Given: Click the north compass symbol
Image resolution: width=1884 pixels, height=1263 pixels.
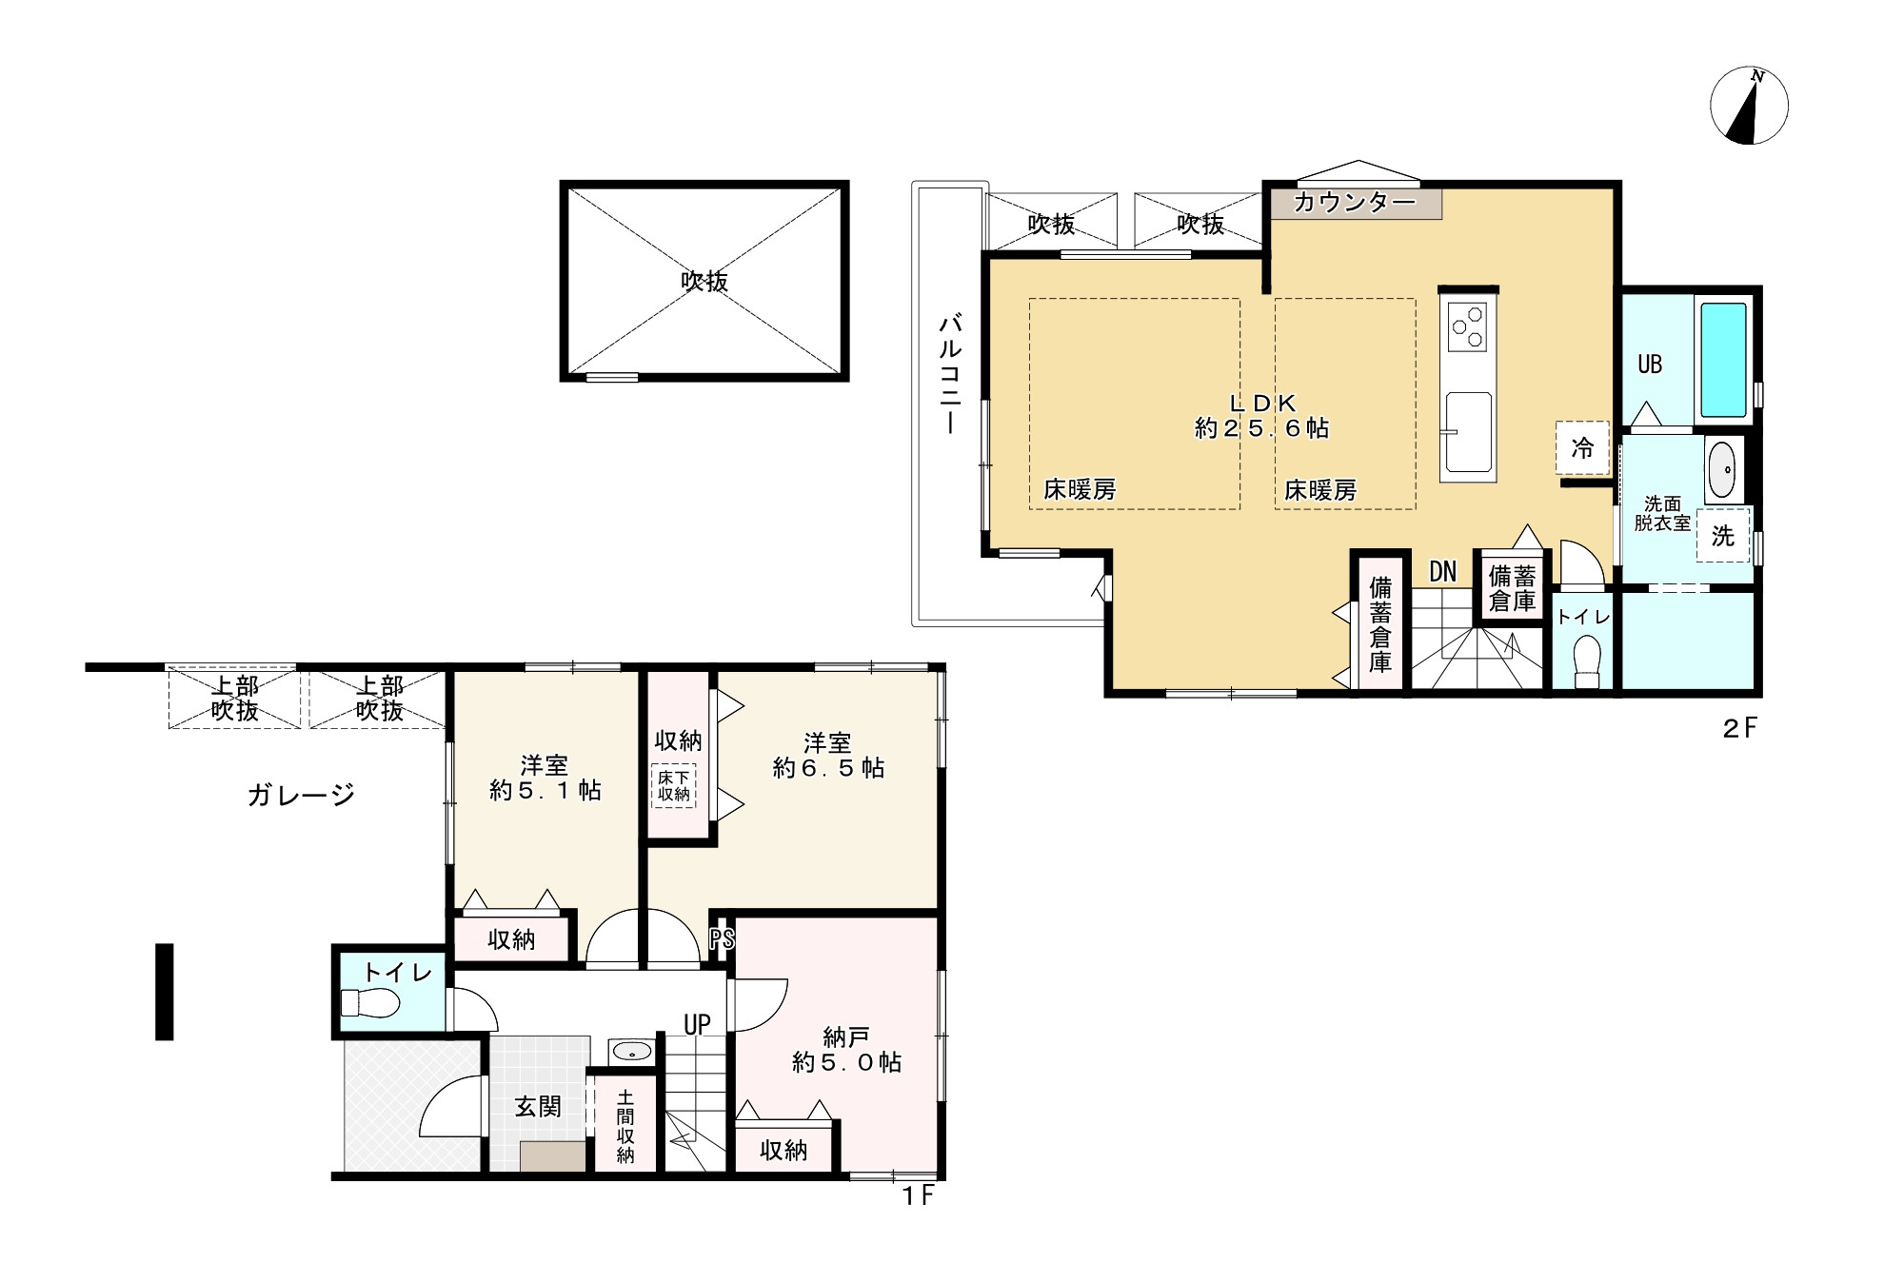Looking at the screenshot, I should (1749, 107).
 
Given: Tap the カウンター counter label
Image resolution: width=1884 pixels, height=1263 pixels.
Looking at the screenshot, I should (1355, 203).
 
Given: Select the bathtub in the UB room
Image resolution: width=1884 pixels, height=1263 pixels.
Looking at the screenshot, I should (1723, 360).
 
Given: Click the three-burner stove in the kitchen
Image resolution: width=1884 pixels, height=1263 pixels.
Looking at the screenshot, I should (1468, 326).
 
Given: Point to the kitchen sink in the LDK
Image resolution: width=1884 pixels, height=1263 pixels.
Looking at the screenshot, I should (1467, 431).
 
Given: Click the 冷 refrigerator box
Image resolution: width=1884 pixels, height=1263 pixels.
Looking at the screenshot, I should (1582, 448).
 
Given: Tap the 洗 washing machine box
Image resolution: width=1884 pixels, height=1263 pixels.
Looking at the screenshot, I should (1722, 537).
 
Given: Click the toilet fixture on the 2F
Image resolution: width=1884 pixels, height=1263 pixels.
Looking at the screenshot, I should (1586, 660).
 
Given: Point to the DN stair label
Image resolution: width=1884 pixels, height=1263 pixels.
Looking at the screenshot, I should (1442, 571).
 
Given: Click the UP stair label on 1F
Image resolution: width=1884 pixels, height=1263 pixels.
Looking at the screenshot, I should (697, 1024).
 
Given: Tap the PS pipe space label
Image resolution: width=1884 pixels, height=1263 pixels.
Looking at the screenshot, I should (722, 939).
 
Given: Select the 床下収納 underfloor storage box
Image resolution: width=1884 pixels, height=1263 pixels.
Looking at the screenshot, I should (673, 786).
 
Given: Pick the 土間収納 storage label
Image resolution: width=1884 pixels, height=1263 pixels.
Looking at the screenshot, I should (625, 1126).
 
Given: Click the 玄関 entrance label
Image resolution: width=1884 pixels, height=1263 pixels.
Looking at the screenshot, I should (538, 1107).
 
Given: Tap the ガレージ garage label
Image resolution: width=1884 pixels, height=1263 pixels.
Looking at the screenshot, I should (301, 795).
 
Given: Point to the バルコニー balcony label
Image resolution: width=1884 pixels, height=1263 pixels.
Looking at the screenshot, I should (949, 373).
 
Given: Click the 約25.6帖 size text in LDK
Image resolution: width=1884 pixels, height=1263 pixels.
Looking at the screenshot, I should (1261, 428).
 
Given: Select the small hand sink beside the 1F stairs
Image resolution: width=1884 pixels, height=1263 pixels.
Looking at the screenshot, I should (631, 1051).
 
